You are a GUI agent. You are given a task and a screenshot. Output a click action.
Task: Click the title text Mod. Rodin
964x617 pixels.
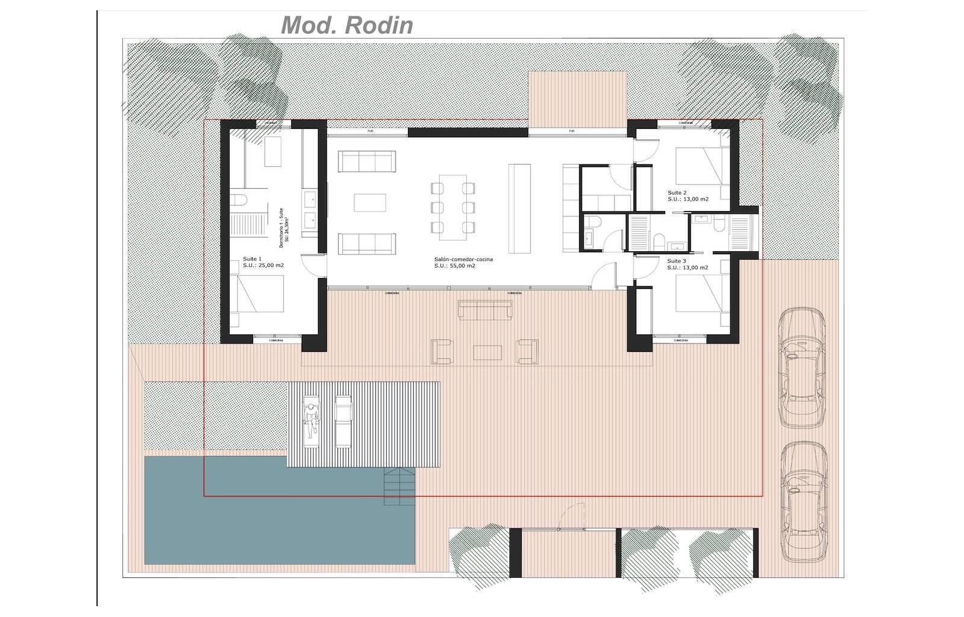pos(347,25)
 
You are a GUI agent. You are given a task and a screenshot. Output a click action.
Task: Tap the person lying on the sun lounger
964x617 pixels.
pos(311,421)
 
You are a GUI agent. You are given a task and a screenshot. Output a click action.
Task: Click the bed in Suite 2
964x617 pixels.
pos(699,165)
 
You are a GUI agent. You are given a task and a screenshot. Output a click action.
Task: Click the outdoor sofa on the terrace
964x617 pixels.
pos(485,310)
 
